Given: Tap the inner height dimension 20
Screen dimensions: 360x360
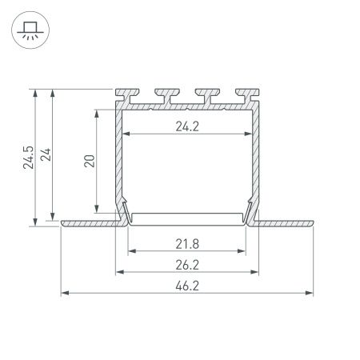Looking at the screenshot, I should pos(90,160).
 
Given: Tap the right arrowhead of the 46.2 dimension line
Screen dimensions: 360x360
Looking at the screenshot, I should pos(309,292).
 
